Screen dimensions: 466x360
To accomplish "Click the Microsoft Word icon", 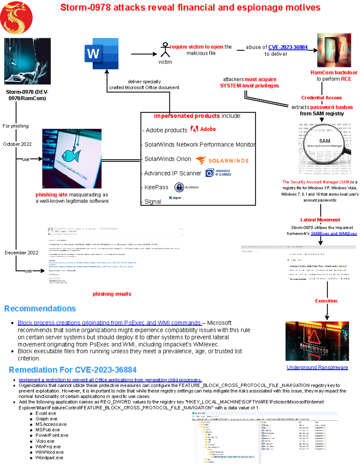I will coord(101,54).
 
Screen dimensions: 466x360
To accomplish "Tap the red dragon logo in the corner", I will coord(16,17).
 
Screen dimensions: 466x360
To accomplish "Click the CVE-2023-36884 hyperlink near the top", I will coord(288,47).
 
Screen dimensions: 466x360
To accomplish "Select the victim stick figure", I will coord(165,50).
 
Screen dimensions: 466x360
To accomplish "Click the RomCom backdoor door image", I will coord(334,50).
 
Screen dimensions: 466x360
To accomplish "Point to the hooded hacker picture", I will coord(27,61).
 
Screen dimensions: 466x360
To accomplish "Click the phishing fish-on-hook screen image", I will coord(72,159).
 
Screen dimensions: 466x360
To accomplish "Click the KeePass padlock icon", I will coord(179,187).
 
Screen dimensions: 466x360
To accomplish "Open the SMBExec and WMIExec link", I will coord(334,233).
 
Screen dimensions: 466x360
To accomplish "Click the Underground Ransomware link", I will coord(317,367).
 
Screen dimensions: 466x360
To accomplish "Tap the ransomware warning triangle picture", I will coord(317,341).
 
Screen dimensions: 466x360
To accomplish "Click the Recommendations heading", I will coord(40,309).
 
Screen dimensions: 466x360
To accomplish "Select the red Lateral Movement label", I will coord(320,220).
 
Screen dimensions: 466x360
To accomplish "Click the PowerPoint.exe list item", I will coord(52,435).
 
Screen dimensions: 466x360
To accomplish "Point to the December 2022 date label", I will coord(22,253).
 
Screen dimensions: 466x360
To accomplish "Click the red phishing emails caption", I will coord(112,294).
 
